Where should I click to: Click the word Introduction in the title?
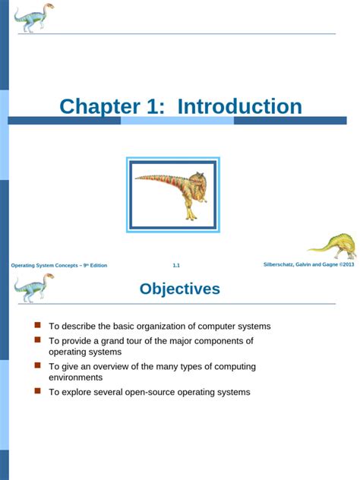[x=239, y=107]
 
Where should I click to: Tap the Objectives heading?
[x=180, y=289]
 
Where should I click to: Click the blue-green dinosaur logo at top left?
[x=34, y=17]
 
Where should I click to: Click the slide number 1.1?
[x=176, y=265]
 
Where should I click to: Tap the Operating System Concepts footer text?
[x=59, y=265]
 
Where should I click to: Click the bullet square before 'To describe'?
[x=37, y=325]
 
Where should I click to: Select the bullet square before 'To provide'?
[x=37, y=340]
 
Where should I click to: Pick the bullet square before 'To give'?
[x=37, y=365]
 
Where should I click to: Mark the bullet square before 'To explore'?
[x=37, y=391]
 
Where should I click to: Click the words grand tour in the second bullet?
[x=122, y=341]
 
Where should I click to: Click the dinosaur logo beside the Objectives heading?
[x=34, y=288]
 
